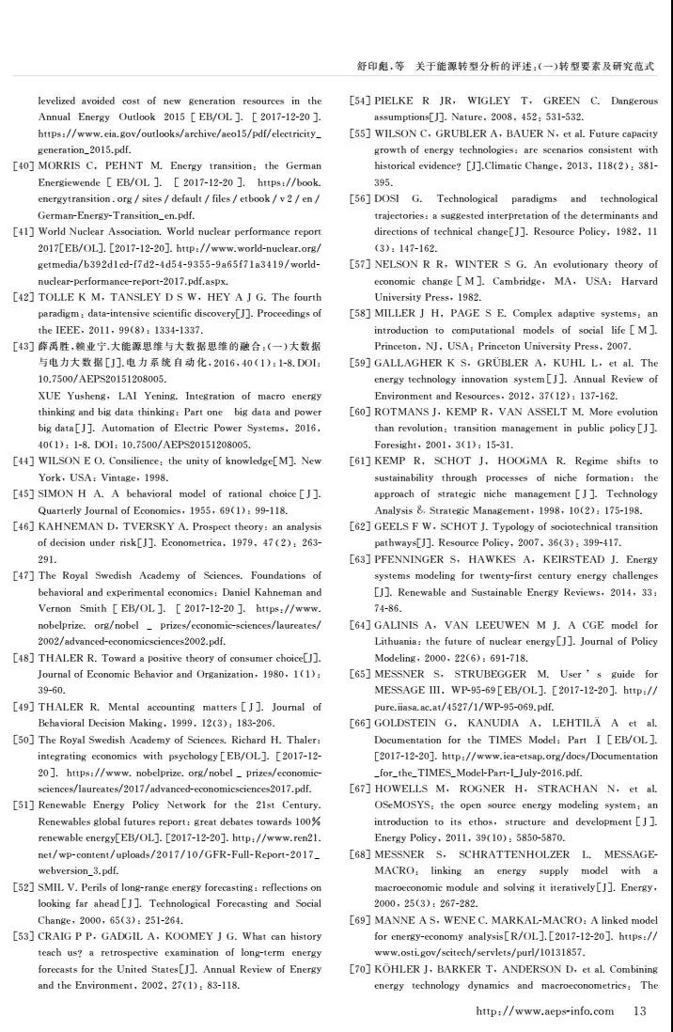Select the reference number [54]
click(x=360, y=101)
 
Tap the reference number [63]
click(x=360, y=559)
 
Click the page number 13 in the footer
click(x=640, y=1011)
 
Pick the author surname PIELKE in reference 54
click(x=395, y=101)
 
